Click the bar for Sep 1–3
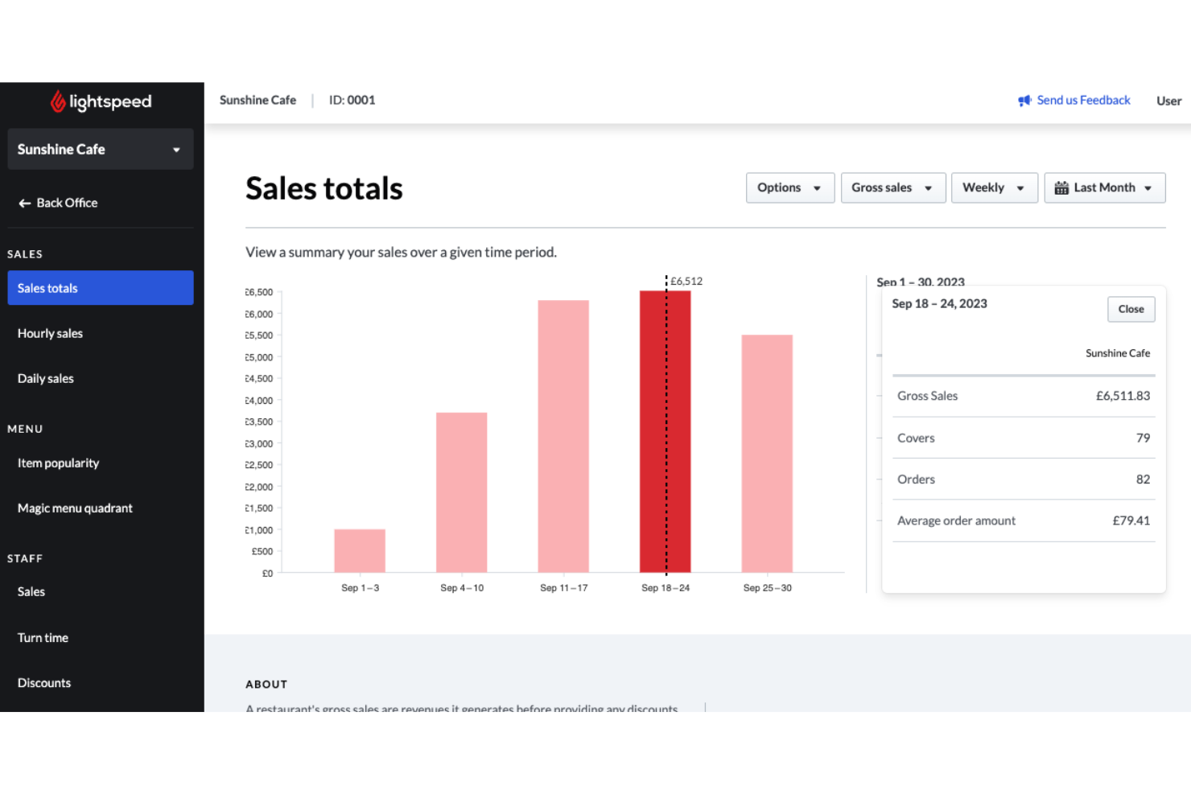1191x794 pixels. [x=360, y=551]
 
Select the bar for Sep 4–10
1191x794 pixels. [x=461, y=492]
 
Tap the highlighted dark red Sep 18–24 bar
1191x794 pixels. [x=653, y=432]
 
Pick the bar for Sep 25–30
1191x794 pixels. [x=767, y=453]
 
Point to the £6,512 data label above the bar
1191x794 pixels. [x=686, y=281]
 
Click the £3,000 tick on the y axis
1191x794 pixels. [x=259, y=444]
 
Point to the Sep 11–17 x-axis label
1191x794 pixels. [x=563, y=588]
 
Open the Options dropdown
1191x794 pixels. [x=789, y=188]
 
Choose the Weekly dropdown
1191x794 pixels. [x=994, y=188]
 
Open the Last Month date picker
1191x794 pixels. [x=1104, y=188]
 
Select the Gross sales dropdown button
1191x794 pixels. [x=892, y=188]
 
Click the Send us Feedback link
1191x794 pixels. [x=1082, y=101]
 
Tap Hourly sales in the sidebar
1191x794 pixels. [x=50, y=333]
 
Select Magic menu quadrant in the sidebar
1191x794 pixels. [x=75, y=508]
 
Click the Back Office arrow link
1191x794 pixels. [x=58, y=204]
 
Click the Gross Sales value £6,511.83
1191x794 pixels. [x=1123, y=396]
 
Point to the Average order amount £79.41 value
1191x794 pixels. [x=1131, y=520]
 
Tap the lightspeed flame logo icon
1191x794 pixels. [x=58, y=101]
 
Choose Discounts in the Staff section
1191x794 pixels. [x=44, y=683]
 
